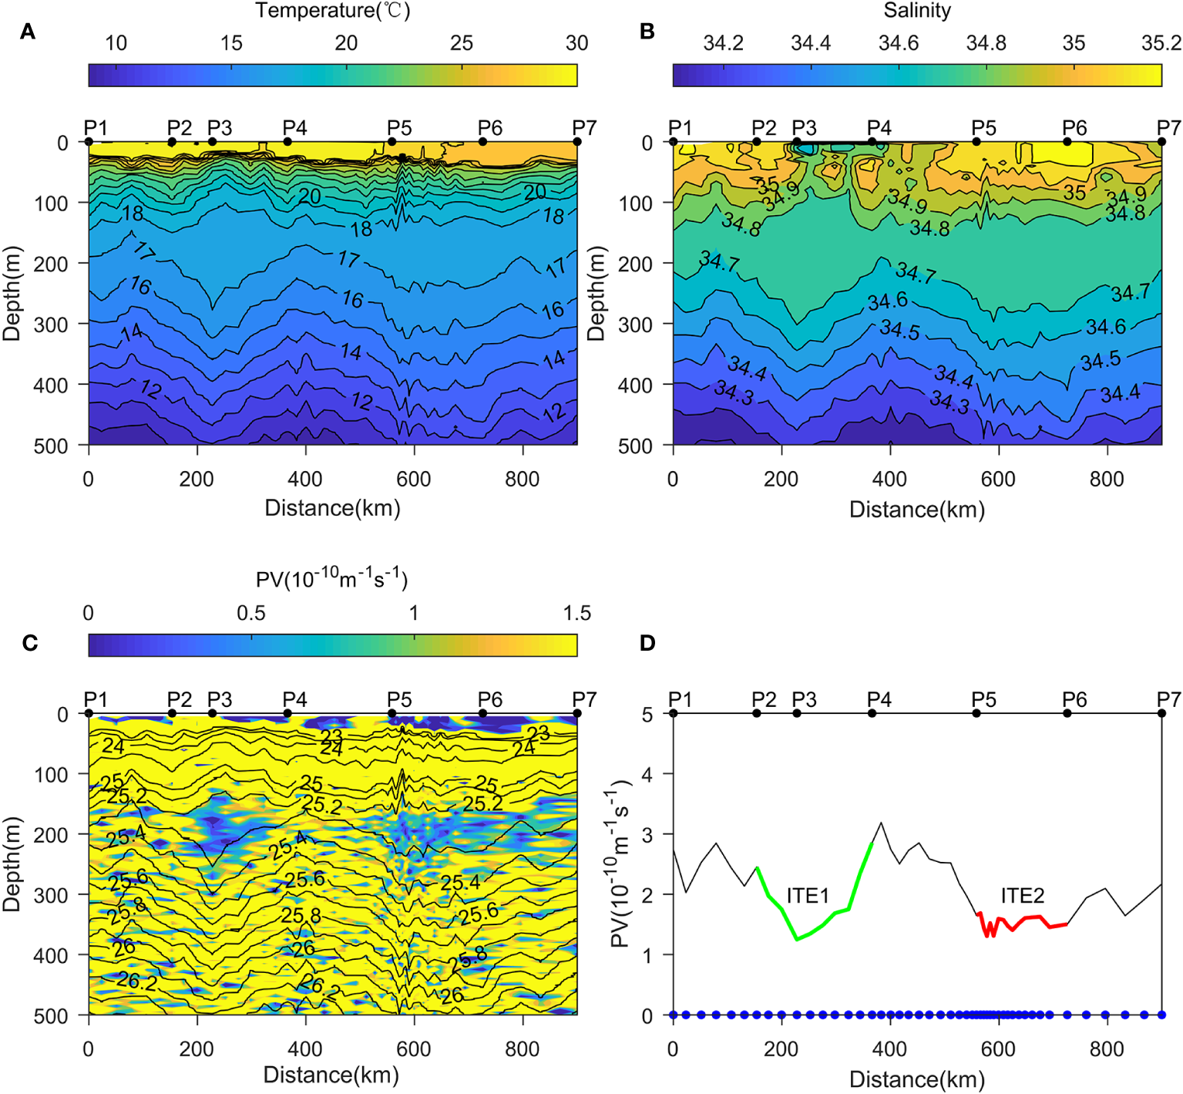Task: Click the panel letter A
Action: [x=28, y=32]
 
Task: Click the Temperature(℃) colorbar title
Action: [x=333, y=11]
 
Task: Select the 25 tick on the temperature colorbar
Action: [x=462, y=43]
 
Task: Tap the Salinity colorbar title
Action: [x=917, y=11]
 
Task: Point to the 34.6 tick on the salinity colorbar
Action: [x=899, y=43]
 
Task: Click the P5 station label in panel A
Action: [x=399, y=127]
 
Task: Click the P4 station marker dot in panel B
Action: [x=872, y=142]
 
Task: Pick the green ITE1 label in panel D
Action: [x=808, y=895]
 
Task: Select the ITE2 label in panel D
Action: [x=1022, y=895]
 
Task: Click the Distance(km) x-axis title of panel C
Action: [x=331, y=1075]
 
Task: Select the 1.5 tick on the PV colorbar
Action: [x=576, y=613]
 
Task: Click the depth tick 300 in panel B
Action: [x=636, y=325]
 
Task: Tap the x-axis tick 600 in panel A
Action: [x=414, y=479]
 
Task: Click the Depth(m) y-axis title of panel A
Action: [x=12, y=294]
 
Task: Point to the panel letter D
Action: [x=647, y=643]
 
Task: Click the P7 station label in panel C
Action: [x=584, y=699]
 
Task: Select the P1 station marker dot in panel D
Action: [x=674, y=713]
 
